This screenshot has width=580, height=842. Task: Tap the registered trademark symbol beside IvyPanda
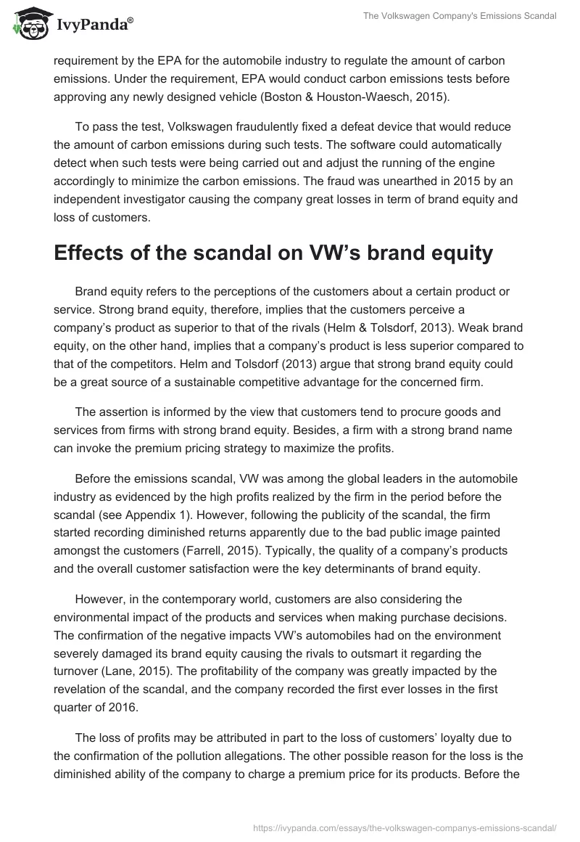[130, 23]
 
